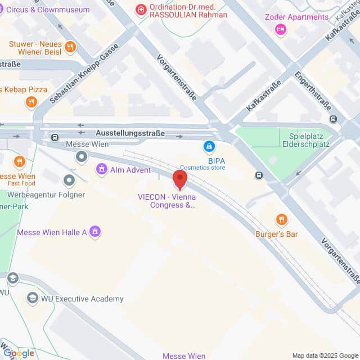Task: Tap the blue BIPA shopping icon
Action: click(x=209, y=147)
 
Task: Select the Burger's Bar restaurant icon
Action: click(x=281, y=219)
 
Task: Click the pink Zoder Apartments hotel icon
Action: click(x=280, y=29)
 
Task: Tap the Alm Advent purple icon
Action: click(x=101, y=169)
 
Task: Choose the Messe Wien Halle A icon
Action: click(x=95, y=231)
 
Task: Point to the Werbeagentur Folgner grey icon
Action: click(x=69, y=181)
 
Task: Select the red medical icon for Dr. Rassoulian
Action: click(x=140, y=10)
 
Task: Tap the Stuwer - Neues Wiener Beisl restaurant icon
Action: click(x=70, y=47)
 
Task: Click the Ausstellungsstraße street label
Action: click(x=130, y=133)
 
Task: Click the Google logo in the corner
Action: click(x=19, y=353)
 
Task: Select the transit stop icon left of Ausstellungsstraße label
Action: click(x=55, y=137)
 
